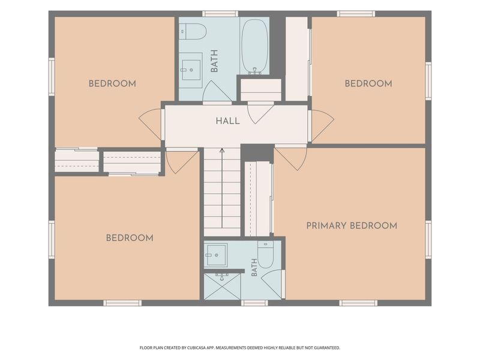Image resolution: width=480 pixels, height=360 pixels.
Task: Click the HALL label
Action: pyautogui.click(x=228, y=121)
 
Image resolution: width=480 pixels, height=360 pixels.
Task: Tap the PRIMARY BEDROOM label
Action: pyautogui.click(x=352, y=226)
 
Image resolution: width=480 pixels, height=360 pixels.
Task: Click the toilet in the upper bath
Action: pyautogui.click(x=193, y=31)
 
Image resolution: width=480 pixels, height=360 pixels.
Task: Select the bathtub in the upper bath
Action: pyautogui.click(x=254, y=47)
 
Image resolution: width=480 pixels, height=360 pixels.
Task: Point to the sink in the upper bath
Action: pyautogui.click(x=190, y=70)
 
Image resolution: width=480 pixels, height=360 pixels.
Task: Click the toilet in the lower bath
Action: pyautogui.click(x=265, y=254)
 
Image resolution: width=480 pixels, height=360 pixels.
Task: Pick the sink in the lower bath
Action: pyautogui.click(x=215, y=254)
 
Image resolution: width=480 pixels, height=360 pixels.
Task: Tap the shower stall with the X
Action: pyautogui.click(x=222, y=286)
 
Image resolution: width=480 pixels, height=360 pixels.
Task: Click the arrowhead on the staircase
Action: pyautogui.click(x=222, y=150)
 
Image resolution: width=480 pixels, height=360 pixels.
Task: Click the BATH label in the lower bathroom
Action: pyautogui.click(x=254, y=268)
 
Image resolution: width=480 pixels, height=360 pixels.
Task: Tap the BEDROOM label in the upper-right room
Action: pyautogui.click(x=368, y=83)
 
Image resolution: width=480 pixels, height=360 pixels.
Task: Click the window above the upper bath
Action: pyautogui.click(x=220, y=14)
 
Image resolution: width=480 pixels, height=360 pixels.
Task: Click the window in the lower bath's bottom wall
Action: pyautogui.click(x=254, y=303)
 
